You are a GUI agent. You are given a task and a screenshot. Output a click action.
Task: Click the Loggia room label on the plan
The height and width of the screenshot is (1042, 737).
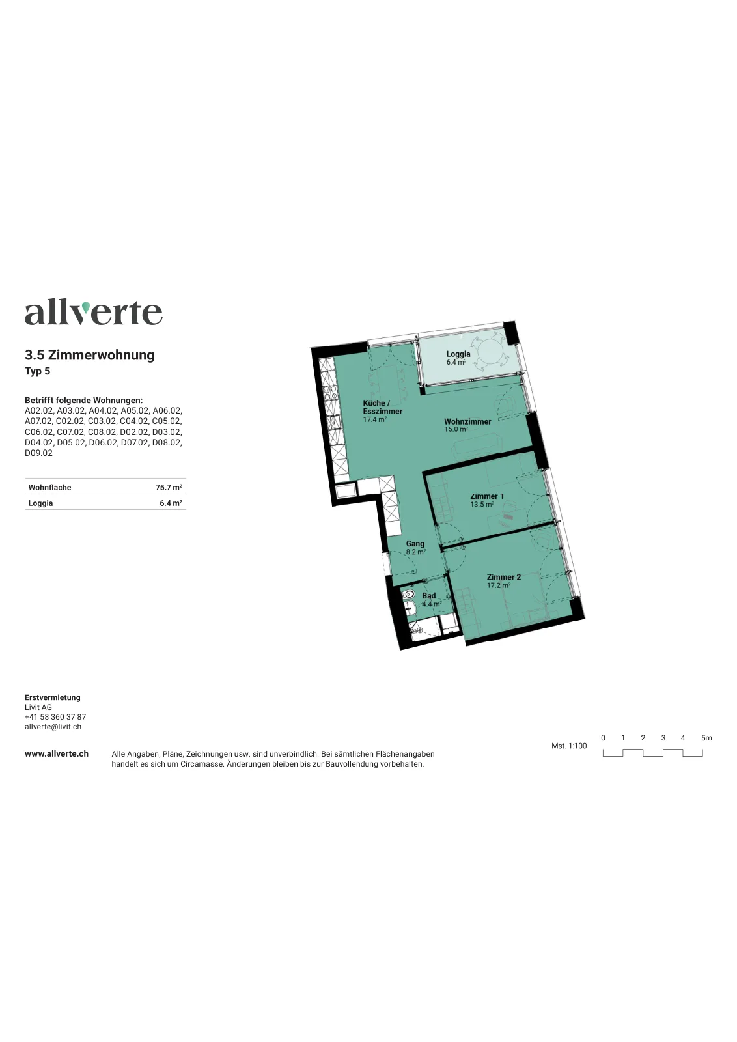coord(458,354)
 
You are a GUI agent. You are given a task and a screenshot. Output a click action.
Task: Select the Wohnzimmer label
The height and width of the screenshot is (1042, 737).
coord(467,421)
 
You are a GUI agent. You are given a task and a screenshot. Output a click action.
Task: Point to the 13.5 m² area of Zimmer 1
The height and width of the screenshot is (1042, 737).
coord(482,504)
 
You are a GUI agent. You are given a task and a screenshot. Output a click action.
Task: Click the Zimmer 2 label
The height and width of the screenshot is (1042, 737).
coord(503,577)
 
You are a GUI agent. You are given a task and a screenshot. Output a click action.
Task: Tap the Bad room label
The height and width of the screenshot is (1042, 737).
coord(428,596)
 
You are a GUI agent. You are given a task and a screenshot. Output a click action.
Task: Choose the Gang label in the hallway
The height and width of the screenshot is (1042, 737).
coord(415,544)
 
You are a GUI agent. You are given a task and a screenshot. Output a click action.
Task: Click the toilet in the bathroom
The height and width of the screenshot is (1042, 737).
coord(409,595)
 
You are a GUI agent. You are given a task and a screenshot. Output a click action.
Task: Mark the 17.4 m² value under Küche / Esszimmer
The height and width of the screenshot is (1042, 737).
coord(375,419)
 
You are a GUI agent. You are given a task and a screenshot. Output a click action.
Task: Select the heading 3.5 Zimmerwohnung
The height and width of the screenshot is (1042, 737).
coord(89,355)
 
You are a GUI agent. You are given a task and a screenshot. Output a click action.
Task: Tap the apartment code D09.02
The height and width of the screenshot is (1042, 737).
coord(38,453)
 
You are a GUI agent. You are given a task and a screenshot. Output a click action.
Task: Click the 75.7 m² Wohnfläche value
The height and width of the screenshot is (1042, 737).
coord(169,488)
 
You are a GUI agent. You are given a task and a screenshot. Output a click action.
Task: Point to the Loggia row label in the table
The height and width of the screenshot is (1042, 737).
coord(40,503)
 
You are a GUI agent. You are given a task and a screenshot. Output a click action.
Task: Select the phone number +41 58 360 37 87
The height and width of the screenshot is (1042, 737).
coord(55,717)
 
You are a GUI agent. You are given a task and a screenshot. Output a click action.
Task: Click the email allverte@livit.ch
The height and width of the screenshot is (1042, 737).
coord(53,727)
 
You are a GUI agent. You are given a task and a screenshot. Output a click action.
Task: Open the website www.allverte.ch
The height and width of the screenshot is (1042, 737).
coord(57,754)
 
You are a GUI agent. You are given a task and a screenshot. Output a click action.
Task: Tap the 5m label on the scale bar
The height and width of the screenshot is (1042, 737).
coord(706,738)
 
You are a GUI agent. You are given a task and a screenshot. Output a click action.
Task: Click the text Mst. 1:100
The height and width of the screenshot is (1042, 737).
coord(569,746)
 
